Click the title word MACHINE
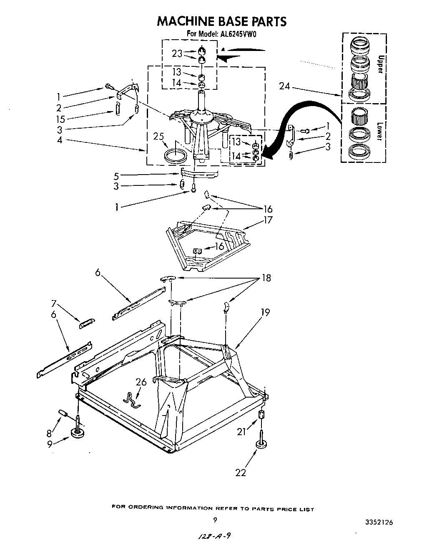pyautogui.click(x=185, y=21)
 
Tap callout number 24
pyautogui.click(x=284, y=87)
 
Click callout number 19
pyautogui.click(x=265, y=312)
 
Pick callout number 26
pyautogui.click(x=141, y=382)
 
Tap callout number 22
pyautogui.click(x=241, y=472)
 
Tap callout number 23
pyautogui.click(x=177, y=53)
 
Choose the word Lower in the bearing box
pyautogui.click(x=379, y=131)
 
